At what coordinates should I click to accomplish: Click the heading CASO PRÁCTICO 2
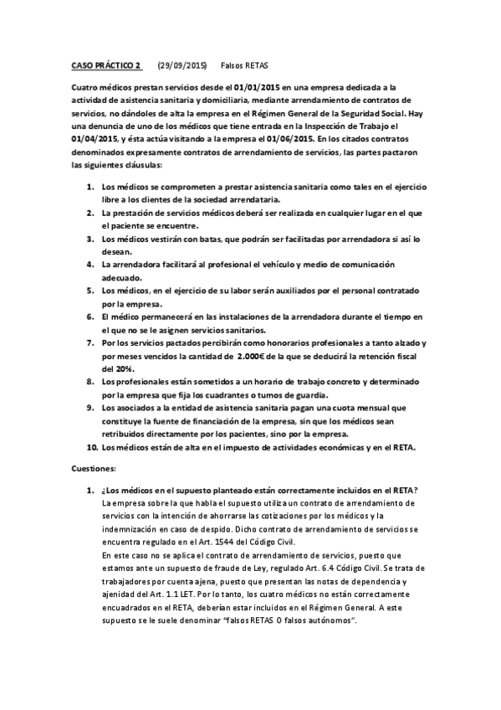tap(107, 64)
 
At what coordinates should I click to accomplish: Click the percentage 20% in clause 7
tap(111, 368)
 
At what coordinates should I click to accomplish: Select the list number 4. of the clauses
tap(91, 263)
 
